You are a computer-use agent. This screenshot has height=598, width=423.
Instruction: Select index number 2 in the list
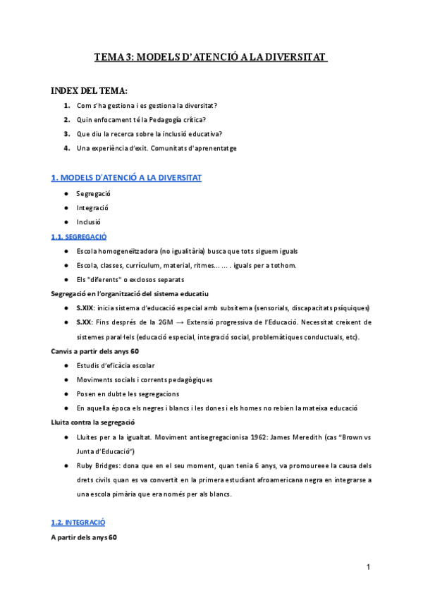pos(66,119)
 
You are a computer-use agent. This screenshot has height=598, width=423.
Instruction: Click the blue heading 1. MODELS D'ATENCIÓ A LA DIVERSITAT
pos(126,178)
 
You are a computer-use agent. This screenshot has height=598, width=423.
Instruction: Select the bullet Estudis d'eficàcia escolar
pos(115,365)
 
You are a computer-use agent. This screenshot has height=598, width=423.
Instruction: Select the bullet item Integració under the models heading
pos(92,208)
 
